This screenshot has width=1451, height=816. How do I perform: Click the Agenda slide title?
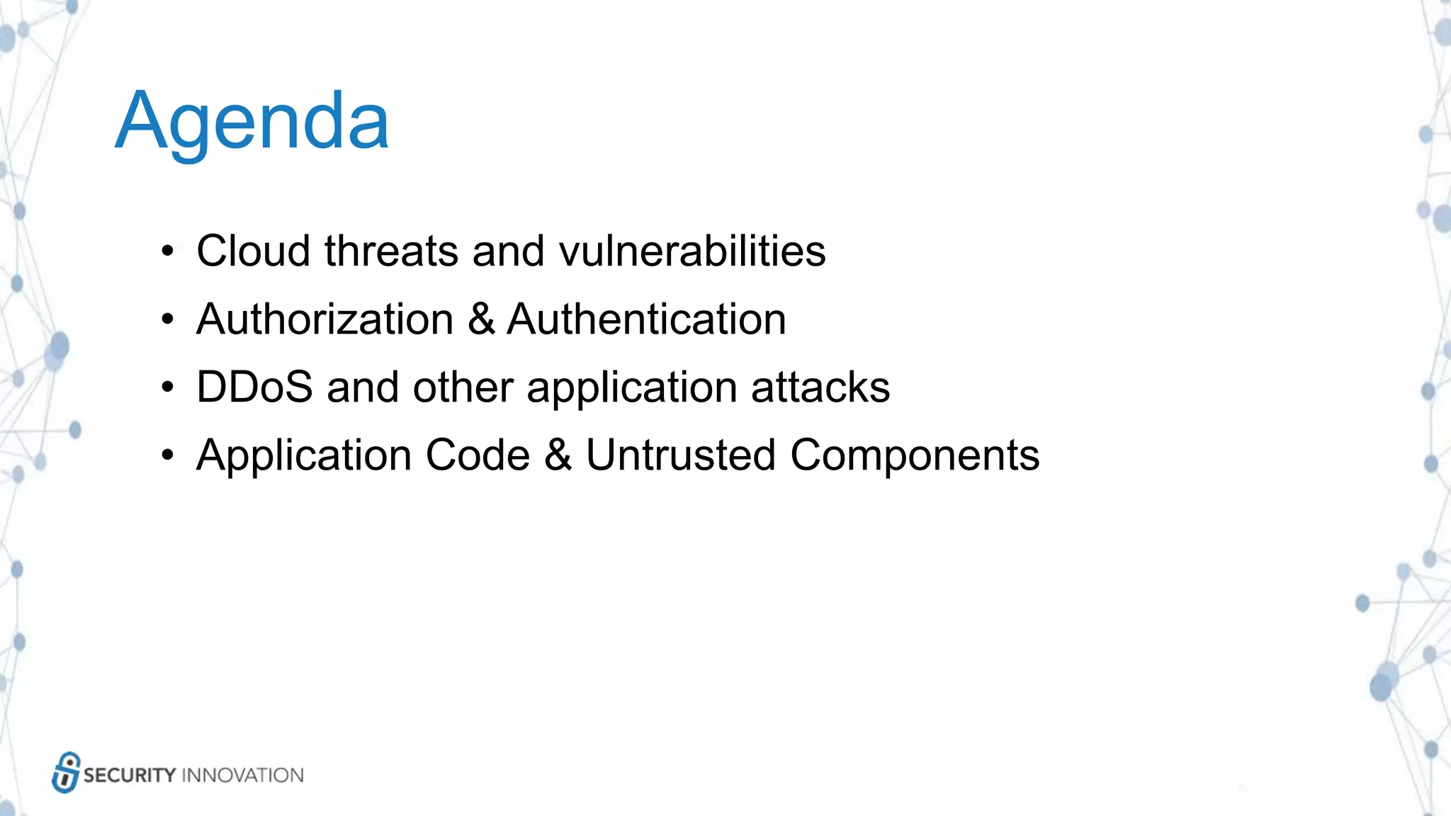(252, 122)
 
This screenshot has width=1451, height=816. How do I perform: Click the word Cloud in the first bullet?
(253, 251)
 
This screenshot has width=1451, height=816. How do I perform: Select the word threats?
(391, 251)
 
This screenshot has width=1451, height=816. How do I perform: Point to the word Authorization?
(324, 319)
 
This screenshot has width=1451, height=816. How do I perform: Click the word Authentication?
(646, 319)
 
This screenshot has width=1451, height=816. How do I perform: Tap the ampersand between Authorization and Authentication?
(481, 319)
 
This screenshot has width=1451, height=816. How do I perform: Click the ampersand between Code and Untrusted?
(558, 455)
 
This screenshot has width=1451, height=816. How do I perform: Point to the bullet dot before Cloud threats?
(167, 251)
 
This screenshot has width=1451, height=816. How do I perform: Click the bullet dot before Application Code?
(167, 455)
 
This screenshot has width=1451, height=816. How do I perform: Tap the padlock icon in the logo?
(65, 773)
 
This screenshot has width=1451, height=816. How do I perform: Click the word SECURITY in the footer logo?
(129, 775)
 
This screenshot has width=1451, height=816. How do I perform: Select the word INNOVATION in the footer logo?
(242, 775)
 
